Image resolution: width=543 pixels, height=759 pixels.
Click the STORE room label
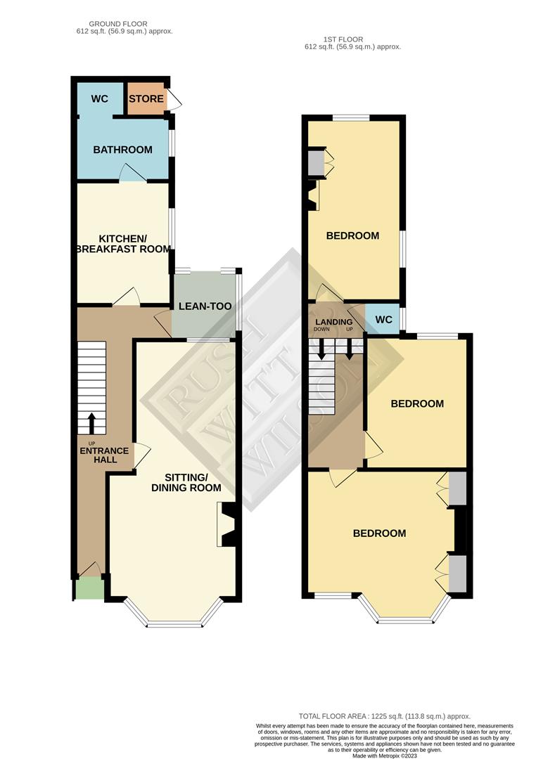coord(146,99)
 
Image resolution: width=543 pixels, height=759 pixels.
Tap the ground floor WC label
coord(99,99)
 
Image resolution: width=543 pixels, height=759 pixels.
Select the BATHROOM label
coord(123,150)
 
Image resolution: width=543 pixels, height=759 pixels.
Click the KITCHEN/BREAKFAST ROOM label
coord(125,243)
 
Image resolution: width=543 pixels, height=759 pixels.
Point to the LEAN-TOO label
coord(205,306)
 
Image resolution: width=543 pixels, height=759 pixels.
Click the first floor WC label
coord(384,320)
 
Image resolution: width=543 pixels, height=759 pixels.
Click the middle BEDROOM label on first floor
coord(417,403)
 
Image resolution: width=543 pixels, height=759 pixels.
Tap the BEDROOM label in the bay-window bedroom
coord(379,533)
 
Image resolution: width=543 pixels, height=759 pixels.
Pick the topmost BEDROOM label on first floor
coord(352,235)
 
